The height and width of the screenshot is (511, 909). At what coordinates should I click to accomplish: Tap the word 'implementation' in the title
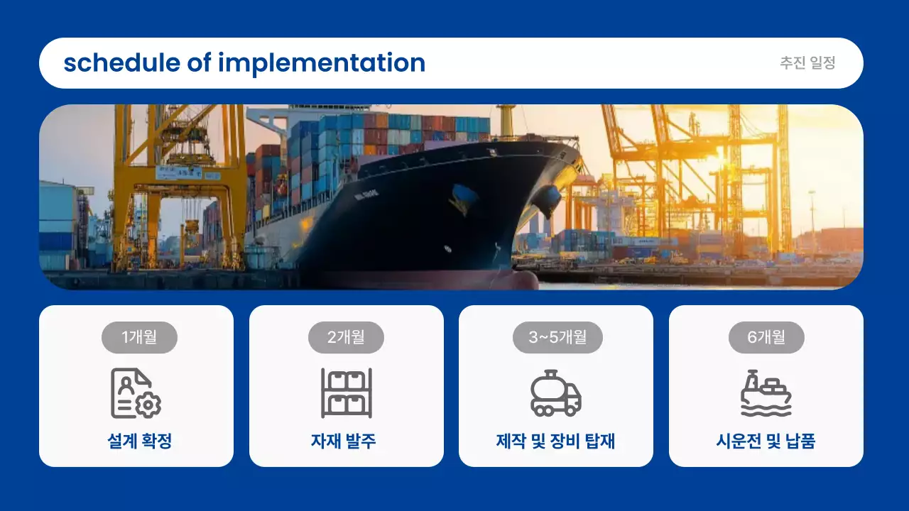pos(322,63)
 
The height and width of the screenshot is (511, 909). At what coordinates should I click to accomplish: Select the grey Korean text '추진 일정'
pos(807,63)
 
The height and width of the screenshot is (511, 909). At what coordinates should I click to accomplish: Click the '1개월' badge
pos(139,337)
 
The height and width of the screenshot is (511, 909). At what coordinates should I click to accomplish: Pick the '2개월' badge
pos(346,337)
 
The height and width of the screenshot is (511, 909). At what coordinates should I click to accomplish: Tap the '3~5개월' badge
pos(557,337)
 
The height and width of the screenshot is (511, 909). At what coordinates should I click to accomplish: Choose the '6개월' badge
pos(766,337)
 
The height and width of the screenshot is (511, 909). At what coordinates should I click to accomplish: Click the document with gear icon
pos(136,393)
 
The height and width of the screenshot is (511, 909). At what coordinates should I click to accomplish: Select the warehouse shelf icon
pos(346,393)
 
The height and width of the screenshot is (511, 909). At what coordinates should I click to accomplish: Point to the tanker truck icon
pos(556,393)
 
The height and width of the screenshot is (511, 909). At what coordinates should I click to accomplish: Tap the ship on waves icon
pos(766,393)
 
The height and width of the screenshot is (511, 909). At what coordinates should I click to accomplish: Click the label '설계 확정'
pos(139,441)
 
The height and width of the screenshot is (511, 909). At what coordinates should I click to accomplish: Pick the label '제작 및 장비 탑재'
pos(555,441)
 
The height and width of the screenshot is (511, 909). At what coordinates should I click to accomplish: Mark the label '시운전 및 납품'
pos(766,441)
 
